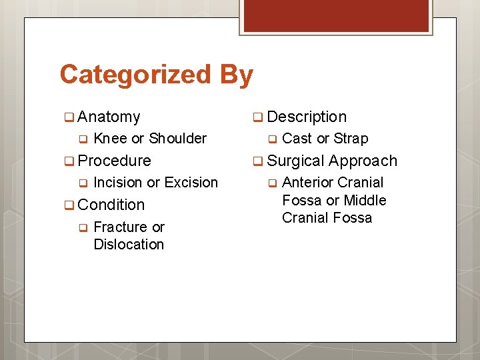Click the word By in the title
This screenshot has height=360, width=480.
pyautogui.click(x=236, y=74)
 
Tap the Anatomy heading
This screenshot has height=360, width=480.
pyautogui.click(x=109, y=117)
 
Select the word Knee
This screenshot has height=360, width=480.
pyautogui.click(x=110, y=139)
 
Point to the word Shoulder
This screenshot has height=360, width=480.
pyautogui.click(x=177, y=139)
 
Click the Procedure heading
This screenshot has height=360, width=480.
pyautogui.click(x=114, y=161)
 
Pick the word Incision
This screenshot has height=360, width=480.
pyautogui.click(x=118, y=183)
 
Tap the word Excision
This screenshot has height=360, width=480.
pyautogui.click(x=191, y=183)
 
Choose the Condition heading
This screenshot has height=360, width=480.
pyautogui.click(x=111, y=205)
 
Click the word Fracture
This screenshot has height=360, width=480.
pyautogui.click(x=121, y=227)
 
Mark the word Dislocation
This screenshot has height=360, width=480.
pyautogui.click(x=129, y=244)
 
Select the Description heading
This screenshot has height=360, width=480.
pyautogui.click(x=307, y=117)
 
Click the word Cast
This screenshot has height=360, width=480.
pyautogui.click(x=297, y=139)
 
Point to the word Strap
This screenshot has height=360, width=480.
pyautogui.click(x=351, y=139)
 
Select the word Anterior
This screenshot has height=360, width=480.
pyautogui.click(x=307, y=183)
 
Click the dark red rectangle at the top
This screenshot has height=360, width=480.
pyautogui.click(x=336, y=15)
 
